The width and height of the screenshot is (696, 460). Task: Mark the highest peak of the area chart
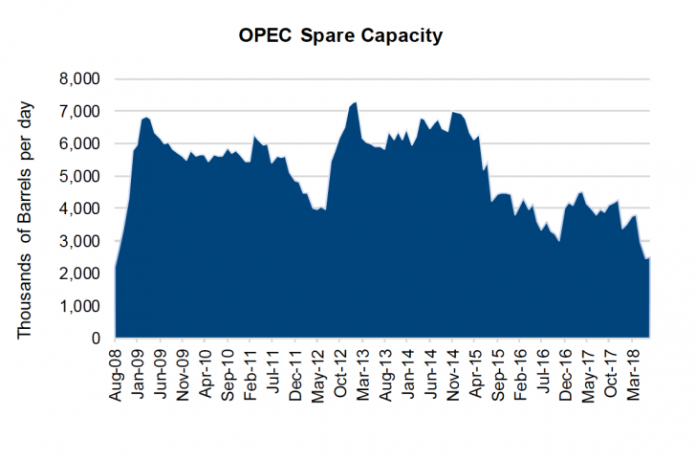[356, 102]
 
